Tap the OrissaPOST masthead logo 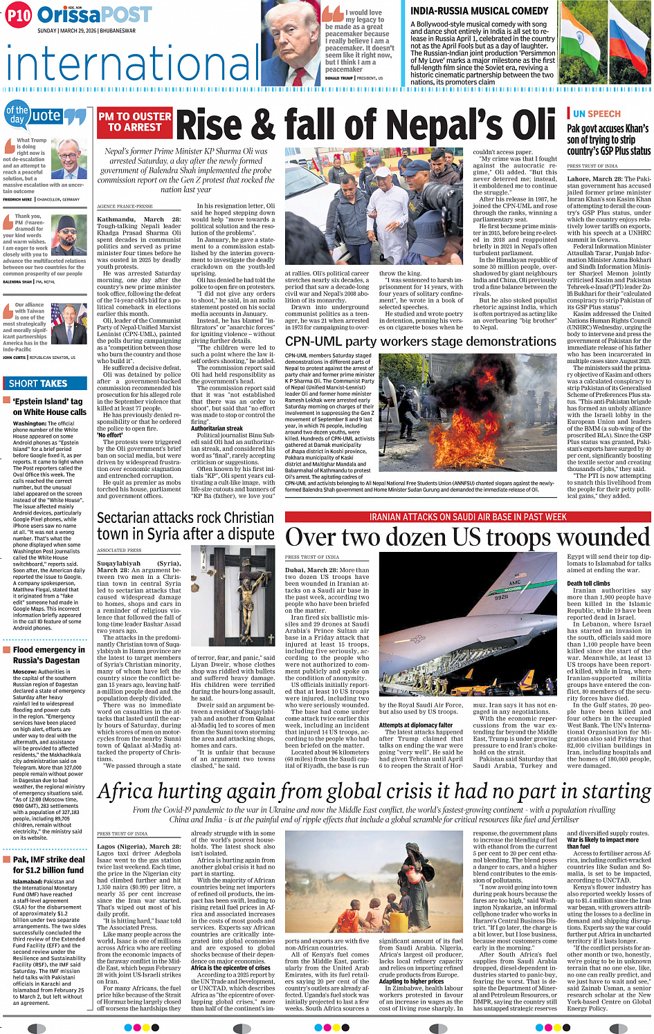tap(94, 14)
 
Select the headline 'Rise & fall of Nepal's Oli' tap(366, 126)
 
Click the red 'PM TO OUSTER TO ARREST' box tap(134, 122)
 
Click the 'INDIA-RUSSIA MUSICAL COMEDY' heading tap(479, 11)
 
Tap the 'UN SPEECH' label tap(596, 114)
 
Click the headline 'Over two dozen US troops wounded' tap(467, 538)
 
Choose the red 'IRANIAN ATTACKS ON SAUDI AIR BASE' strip tap(467, 517)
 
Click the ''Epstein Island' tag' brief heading tap(48, 407)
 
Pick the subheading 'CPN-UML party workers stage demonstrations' tap(421, 342)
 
